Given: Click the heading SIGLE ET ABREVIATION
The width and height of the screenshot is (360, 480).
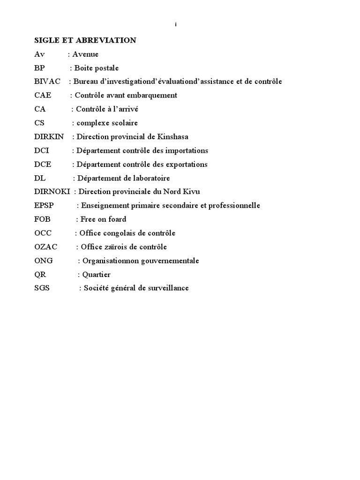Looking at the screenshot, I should click(85, 40).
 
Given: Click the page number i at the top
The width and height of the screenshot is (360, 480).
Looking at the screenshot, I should click(176, 25).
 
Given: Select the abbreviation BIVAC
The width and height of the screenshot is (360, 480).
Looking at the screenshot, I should click(47, 82).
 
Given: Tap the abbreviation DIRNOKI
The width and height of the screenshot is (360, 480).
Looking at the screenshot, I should click(52, 192).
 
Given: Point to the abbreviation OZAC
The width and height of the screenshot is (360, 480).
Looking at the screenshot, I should click(45, 247).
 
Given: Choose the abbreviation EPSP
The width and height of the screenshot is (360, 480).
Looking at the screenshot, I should click(44, 206).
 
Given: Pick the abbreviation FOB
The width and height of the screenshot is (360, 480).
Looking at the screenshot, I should click(42, 219).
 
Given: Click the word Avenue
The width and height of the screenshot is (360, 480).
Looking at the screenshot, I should click(85, 54).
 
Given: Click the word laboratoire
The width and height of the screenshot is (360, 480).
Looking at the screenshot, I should click(148, 178).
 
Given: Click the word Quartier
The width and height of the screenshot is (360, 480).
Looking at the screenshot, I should click(96, 275).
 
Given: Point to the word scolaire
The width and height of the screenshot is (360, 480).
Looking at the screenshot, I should click(123, 123).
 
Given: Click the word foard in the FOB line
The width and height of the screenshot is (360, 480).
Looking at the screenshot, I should click(117, 219).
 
